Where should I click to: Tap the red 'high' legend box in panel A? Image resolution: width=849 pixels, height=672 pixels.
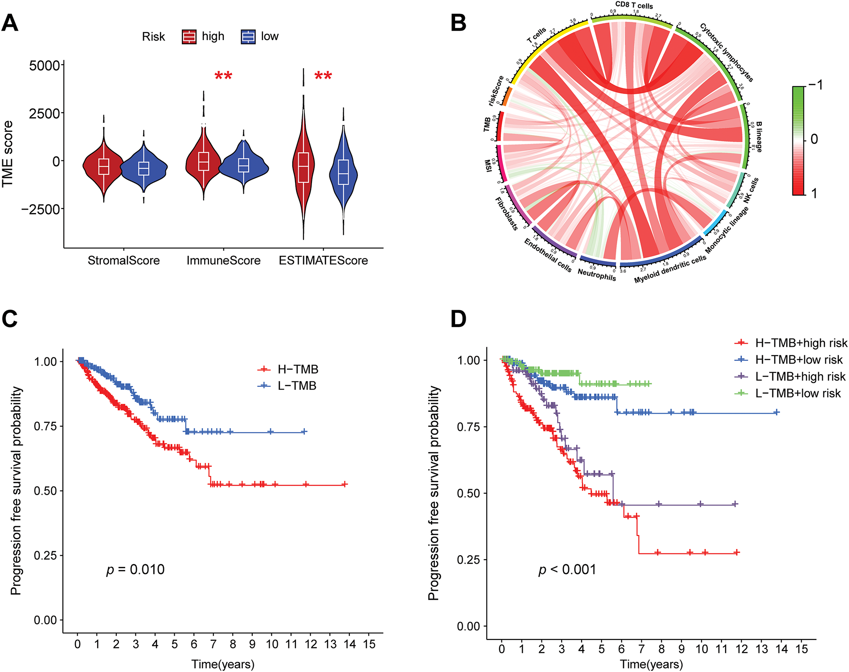pyautogui.click(x=189, y=37)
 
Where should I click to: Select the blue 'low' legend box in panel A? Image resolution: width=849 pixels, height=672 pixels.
pyautogui.click(x=248, y=37)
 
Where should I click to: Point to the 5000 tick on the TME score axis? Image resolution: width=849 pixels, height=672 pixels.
pyautogui.click(x=45, y=66)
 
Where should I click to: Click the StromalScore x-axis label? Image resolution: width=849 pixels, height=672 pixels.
pyautogui.click(x=123, y=261)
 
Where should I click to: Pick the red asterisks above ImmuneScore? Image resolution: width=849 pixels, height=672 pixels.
pyautogui.click(x=223, y=76)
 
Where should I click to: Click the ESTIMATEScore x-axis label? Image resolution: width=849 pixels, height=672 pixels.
pyautogui.click(x=323, y=261)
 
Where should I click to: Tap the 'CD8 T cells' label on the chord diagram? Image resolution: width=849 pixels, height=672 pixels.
pyautogui.click(x=634, y=5)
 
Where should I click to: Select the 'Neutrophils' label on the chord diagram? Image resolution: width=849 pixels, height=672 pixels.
pyautogui.click(x=597, y=274)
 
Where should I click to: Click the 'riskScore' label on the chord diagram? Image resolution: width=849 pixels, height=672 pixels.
pyautogui.click(x=496, y=91)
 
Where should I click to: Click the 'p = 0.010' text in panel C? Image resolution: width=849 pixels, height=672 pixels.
pyautogui.click(x=135, y=570)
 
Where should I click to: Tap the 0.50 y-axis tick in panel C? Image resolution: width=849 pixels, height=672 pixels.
pyautogui.click(x=45, y=491)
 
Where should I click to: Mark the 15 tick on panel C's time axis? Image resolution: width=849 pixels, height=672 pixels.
pyautogui.click(x=369, y=644)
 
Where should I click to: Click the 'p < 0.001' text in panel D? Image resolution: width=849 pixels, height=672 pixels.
pyautogui.click(x=567, y=570)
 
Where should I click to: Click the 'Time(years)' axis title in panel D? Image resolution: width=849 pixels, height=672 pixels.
pyautogui.click(x=651, y=664)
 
